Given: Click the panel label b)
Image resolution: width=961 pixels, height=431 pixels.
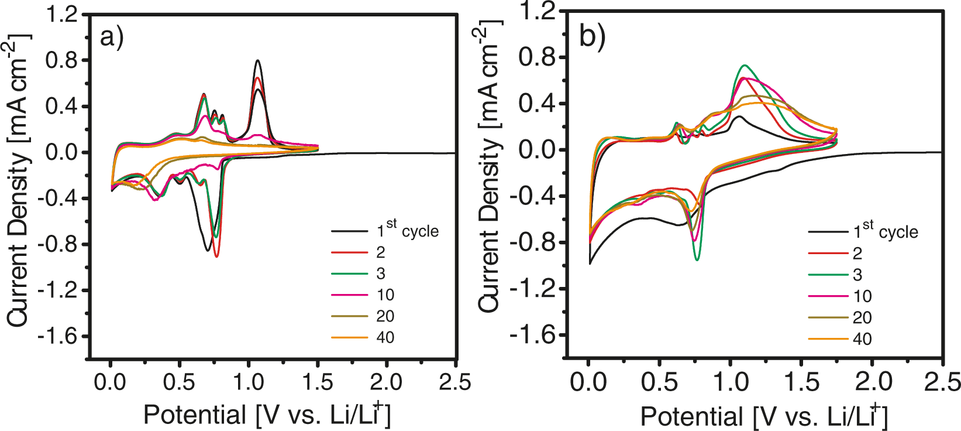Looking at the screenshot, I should [592, 37].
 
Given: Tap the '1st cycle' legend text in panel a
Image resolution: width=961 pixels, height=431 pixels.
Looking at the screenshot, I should [408, 231].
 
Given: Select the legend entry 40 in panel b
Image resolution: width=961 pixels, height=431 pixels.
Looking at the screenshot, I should [862, 339].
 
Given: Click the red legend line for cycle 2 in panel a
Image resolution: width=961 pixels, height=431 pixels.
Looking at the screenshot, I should [350, 252].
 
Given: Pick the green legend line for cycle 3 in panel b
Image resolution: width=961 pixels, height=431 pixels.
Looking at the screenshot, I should [828, 275].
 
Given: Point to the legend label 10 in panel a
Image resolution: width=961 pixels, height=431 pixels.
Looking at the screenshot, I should [385, 295].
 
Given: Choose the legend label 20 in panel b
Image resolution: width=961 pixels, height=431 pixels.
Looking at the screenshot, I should [862, 318].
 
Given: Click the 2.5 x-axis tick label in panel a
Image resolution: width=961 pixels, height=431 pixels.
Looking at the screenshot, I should [454, 382].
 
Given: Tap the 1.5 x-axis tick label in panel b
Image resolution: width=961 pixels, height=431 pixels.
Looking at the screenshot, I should [801, 382].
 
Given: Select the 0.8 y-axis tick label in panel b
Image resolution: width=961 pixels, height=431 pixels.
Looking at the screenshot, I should [537, 57].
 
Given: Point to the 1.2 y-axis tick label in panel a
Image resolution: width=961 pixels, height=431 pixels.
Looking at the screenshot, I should [62, 14].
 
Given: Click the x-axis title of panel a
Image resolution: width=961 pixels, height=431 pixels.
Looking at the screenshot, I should [267, 415].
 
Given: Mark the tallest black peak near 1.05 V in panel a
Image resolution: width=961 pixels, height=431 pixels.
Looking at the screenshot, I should [257, 60].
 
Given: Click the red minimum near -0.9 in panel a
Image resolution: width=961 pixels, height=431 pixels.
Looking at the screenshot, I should [217, 256].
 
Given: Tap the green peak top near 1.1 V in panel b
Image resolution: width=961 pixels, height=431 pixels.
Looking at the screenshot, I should [745, 65].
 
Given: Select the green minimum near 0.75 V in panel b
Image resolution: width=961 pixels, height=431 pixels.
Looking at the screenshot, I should [697, 260].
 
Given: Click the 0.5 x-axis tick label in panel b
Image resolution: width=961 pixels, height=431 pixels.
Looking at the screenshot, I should [659, 382].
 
